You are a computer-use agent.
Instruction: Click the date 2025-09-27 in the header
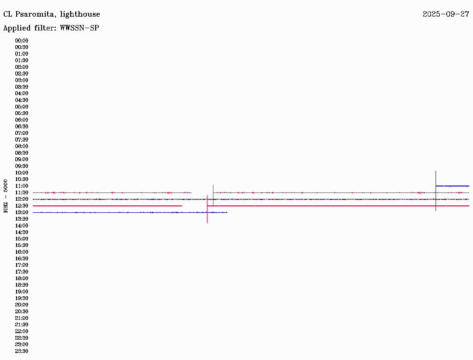pos(446,14)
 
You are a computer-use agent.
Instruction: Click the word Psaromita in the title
pos(35,14)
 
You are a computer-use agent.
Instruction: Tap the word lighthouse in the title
pos(80,14)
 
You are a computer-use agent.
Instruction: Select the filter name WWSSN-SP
pos(79,28)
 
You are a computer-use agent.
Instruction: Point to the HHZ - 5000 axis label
pos(6,196)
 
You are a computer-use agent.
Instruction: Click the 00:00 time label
pos(22,41)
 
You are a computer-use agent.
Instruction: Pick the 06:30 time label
pos(22,126)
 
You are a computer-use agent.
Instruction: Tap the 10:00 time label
pos(22,173)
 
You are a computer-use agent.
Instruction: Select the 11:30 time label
pos(22,192)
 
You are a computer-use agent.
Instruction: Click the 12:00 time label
pos(22,199)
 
